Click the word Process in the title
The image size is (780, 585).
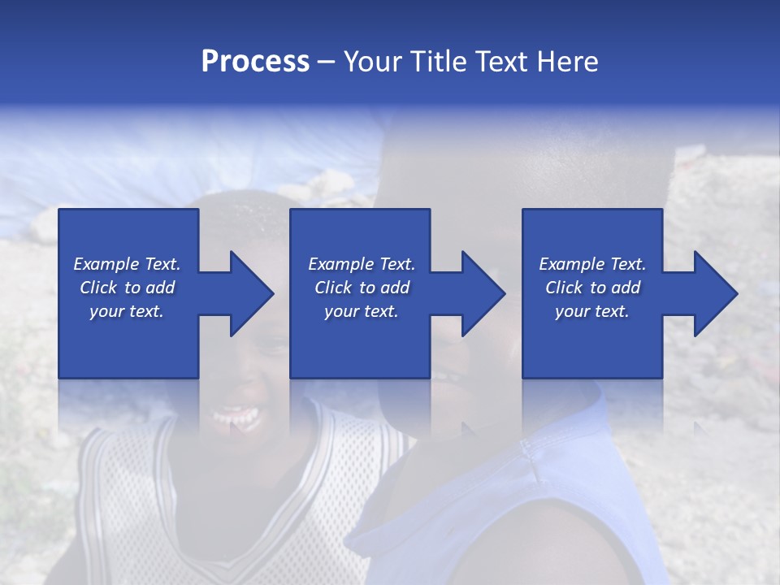click(255, 62)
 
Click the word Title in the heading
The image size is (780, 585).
click(435, 62)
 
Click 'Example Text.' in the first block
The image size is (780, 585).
click(127, 264)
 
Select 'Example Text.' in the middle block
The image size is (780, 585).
click(362, 264)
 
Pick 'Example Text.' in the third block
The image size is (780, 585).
click(592, 264)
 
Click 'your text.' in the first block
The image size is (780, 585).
click(127, 311)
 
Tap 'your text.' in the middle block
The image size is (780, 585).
click(362, 311)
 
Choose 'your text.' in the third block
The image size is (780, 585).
click(592, 311)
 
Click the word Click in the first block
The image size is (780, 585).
click(99, 288)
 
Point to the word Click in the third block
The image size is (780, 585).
click(565, 288)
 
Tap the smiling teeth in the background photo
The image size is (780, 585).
click(236, 419)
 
